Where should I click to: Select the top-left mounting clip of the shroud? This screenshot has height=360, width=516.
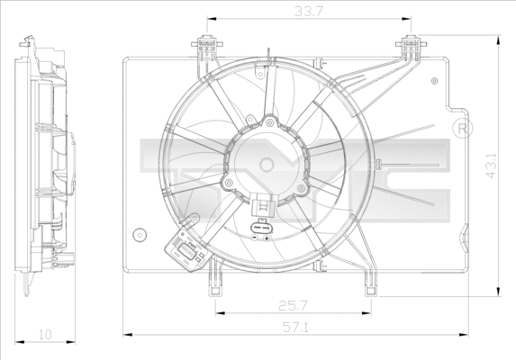tap(206, 44)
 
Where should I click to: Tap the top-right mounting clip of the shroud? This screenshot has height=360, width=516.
tap(411, 44)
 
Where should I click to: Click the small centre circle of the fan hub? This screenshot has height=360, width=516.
tap(267, 164)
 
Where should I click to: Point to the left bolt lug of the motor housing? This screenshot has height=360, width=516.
tap(230, 184)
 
